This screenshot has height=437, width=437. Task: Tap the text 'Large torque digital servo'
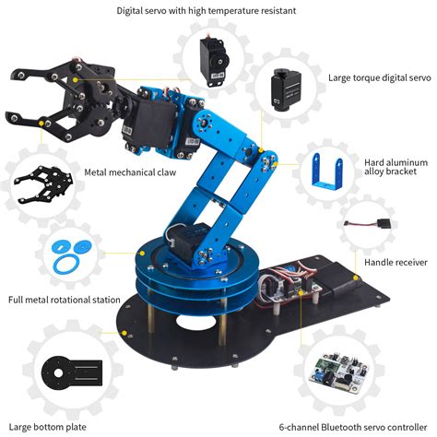[379, 78]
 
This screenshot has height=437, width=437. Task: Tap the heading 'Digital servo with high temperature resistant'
[218, 11]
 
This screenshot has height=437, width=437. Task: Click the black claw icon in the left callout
[41, 182]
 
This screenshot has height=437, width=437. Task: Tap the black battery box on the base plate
[333, 277]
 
